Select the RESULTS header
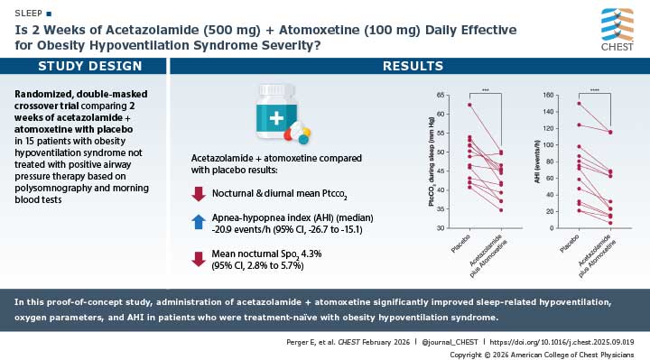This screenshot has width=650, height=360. (x=412, y=67)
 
